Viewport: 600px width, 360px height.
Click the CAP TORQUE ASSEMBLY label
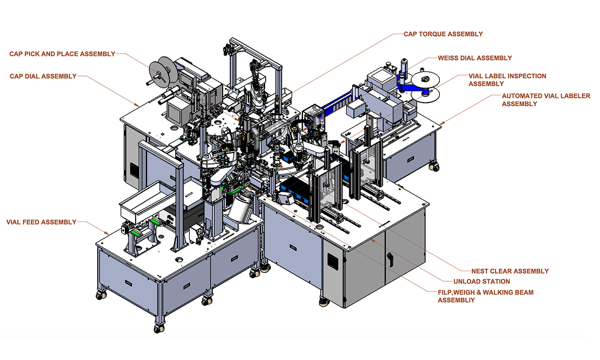tap(443, 34)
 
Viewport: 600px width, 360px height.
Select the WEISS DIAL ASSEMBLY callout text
tap(475, 58)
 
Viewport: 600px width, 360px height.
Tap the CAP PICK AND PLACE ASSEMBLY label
tap(62, 54)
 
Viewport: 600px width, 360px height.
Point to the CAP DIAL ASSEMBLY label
tap(43, 76)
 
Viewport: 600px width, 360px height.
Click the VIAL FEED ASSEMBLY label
tap(41, 222)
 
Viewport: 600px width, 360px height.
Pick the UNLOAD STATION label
tap(482, 281)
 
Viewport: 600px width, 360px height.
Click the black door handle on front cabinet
tap(390, 260)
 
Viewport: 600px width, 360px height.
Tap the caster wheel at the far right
tap(433, 166)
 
